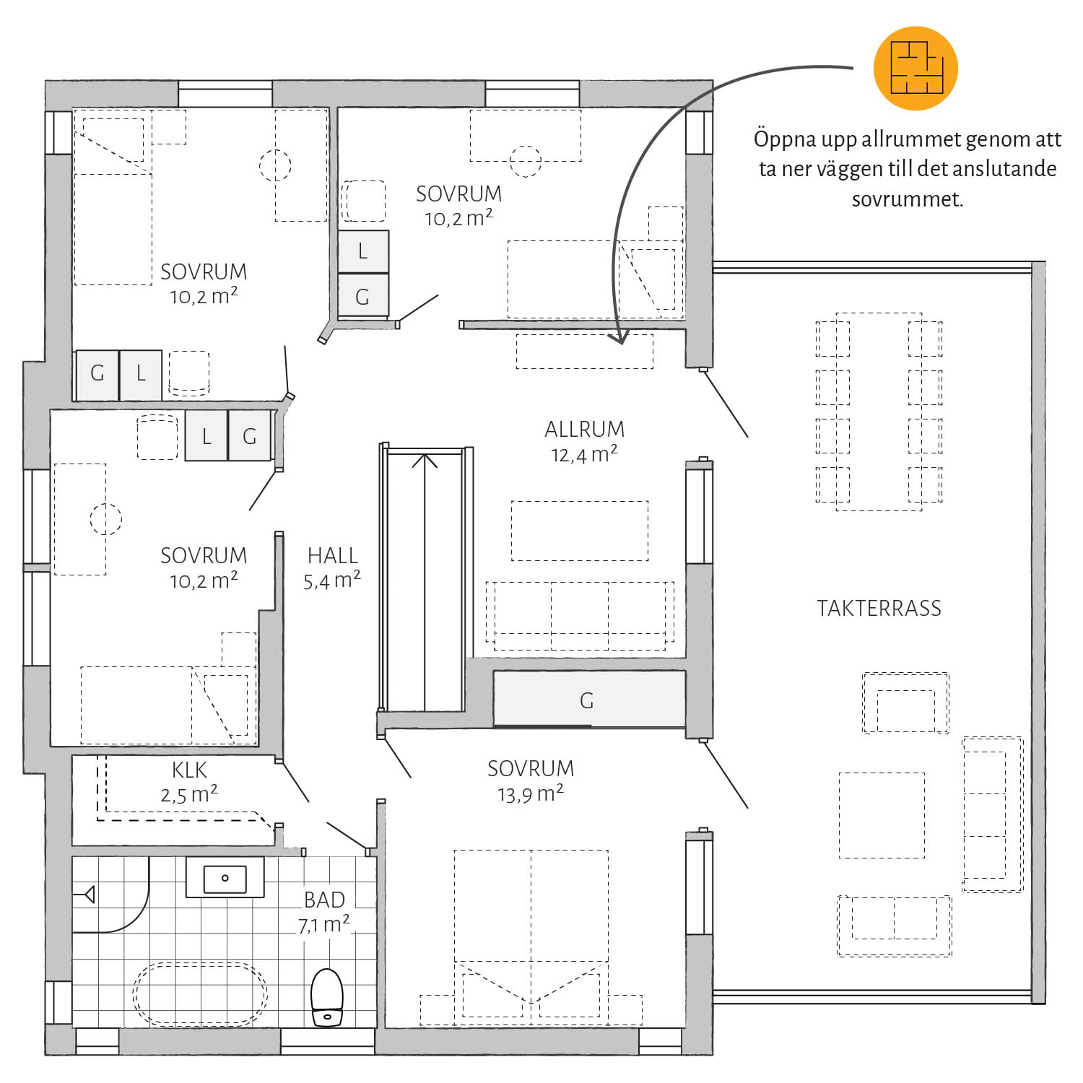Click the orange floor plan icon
coord(915,68)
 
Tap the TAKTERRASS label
coord(879,608)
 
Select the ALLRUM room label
coord(584,429)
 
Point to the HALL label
coord(333,555)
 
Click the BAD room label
coord(324,900)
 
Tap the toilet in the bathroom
coord(326,997)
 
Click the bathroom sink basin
coord(225,878)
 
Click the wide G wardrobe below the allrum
coord(589,699)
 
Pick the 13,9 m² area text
coord(531,793)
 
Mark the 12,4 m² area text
coord(584,454)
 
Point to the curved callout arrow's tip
coord(619,341)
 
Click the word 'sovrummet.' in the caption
coord(908,199)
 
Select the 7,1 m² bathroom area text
coord(324,924)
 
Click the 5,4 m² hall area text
coord(332,580)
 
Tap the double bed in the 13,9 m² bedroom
coord(531,937)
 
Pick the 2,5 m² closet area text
coord(189,794)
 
